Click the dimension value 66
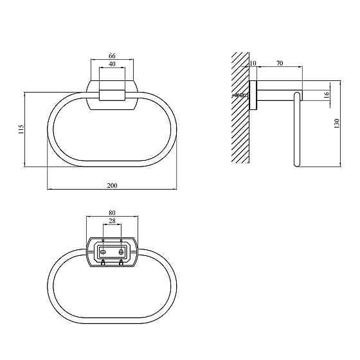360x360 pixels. pos(112,56)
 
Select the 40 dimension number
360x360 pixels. pos(112,64)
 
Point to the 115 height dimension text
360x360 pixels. pos(21,129)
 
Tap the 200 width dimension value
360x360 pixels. pos(112,186)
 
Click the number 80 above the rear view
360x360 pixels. pos(112,213)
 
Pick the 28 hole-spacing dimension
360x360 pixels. pos(112,221)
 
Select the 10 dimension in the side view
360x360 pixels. pos(253,63)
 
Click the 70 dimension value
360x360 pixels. pos(280,63)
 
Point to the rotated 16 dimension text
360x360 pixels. pos(327,94)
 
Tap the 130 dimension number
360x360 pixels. pos(337,123)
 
